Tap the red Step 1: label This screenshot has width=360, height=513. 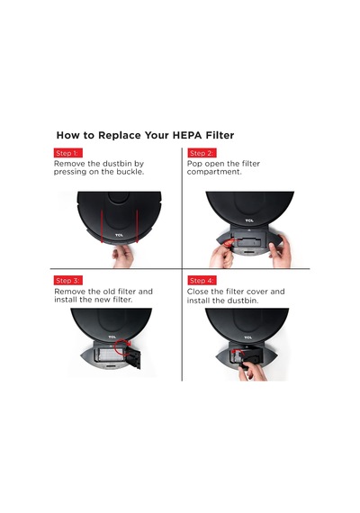pyautogui.click(x=68, y=153)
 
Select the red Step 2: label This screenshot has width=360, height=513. pyautogui.click(x=202, y=153)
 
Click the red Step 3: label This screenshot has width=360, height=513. pyautogui.click(x=68, y=281)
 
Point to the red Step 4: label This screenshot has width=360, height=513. pyautogui.click(x=202, y=281)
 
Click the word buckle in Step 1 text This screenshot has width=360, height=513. pyautogui.click(x=130, y=172)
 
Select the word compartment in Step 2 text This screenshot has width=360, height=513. pyautogui.click(x=214, y=173)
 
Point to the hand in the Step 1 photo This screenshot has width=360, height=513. pyautogui.click(x=123, y=256)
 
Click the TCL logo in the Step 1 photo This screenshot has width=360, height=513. pyautogui.click(x=120, y=235)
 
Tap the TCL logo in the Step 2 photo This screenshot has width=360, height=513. pyautogui.click(x=249, y=220)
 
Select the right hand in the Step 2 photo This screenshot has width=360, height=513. pyautogui.click(x=281, y=252)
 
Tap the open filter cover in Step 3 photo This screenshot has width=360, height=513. pyautogui.click(x=133, y=357)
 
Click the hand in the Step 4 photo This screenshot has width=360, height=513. pyautogui.click(x=253, y=371)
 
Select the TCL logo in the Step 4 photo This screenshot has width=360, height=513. pyautogui.click(x=248, y=337)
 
